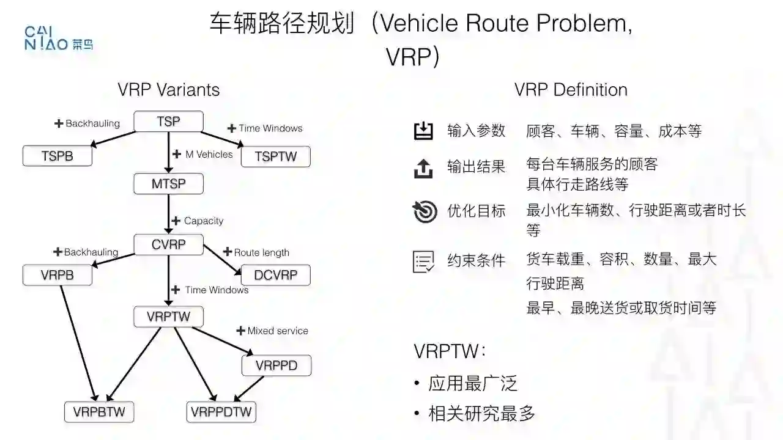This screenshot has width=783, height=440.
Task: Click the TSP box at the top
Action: click(168, 122)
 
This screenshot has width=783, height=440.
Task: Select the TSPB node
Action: click(58, 156)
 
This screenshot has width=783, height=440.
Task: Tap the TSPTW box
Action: click(276, 156)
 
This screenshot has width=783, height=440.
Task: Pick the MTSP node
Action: click(168, 183)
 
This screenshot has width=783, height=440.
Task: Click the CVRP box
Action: click(168, 245)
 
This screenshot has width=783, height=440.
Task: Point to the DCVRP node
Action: click(276, 275)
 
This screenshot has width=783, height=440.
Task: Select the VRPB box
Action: click(58, 275)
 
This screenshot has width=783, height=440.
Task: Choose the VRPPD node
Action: click(276, 366)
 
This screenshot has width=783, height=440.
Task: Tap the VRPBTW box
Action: click(99, 412)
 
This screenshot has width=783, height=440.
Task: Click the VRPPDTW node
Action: click(221, 412)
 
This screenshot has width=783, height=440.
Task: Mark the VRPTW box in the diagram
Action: click(168, 317)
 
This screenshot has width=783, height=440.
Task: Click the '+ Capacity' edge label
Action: click(198, 221)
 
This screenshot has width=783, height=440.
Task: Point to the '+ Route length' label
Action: click(256, 252)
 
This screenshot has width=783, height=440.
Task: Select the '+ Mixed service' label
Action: click(272, 331)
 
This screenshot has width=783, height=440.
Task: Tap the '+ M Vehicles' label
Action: click(203, 155)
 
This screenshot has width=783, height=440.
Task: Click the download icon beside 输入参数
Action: click(423, 131)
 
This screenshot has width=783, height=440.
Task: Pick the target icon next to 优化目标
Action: click(425, 211)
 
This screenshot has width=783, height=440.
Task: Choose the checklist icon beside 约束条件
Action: click(424, 262)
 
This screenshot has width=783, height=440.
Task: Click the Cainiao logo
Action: click(59, 38)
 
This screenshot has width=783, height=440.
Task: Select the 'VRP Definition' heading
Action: click(571, 90)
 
